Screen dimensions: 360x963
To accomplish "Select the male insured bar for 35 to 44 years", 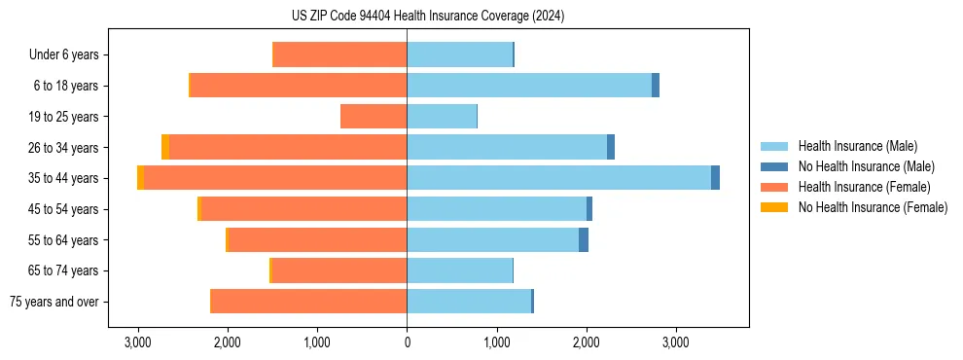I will [558, 178].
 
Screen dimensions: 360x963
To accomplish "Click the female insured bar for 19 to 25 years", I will [374, 117].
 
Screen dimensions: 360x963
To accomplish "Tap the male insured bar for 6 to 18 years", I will [529, 86].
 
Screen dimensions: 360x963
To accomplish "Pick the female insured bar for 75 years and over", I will [308, 302].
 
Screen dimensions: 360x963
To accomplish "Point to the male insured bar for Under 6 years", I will [459, 54].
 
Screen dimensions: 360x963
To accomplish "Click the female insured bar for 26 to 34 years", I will [288, 147].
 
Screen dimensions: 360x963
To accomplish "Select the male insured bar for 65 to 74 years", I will [459, 270].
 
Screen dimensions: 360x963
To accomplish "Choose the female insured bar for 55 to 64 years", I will [317, 239].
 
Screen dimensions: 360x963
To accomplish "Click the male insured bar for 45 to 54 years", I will [496, 209].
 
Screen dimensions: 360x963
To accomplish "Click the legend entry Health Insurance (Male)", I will [857, 147].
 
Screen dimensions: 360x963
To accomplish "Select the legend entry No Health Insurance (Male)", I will [866, 167].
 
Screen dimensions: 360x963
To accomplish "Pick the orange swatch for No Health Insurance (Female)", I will [774, 207].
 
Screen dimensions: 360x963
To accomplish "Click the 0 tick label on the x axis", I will [407, 342].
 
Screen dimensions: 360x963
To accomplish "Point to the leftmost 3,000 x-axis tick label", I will [138, 342].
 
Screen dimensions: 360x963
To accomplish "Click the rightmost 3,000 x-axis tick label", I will [675, 342].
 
